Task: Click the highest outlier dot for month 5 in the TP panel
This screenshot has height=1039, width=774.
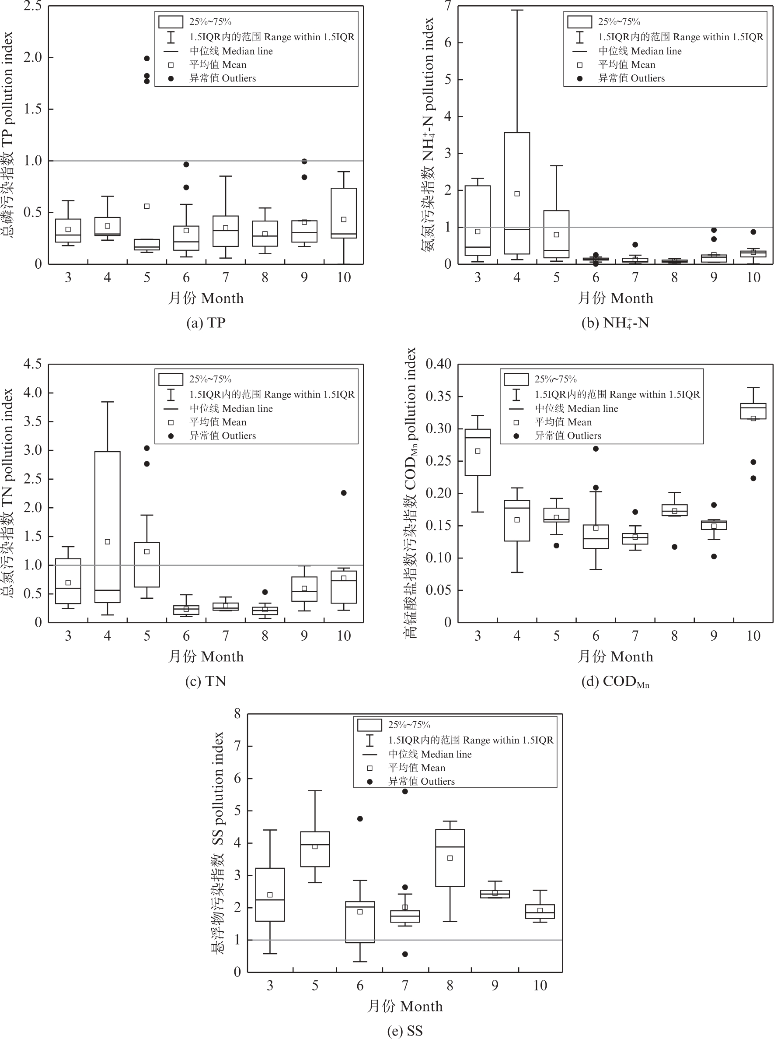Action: click(146, 59)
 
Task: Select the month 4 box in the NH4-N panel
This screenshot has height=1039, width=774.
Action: click(517, 193)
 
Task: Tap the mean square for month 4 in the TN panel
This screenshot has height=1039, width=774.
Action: click(107, 541)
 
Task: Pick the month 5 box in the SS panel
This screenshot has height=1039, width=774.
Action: click(315, 849)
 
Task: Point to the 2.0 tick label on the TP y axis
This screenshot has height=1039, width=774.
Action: click(33, 57)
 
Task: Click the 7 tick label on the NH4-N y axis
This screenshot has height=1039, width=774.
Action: click(448, 7)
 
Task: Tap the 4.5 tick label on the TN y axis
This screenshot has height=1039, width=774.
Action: click(33, 364)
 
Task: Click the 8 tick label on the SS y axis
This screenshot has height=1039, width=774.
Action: click(237, 714)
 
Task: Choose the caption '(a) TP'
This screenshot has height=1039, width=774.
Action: click(206, 323)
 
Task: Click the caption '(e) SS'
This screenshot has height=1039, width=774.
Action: click(405, 1031)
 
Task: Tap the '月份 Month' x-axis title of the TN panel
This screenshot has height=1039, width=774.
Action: click(206, 656)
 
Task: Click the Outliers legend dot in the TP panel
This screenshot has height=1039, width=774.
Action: click(171, 78)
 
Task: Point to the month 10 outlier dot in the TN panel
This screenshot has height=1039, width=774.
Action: click(343, 493)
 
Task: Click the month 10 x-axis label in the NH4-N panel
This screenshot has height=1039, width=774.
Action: click(753, 277)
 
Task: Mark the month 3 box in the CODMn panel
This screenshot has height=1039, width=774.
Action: click(478, 452)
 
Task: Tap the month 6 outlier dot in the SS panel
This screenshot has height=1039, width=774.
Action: click(360, 818)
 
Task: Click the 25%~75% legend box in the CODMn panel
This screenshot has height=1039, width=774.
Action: click(516, 379)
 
